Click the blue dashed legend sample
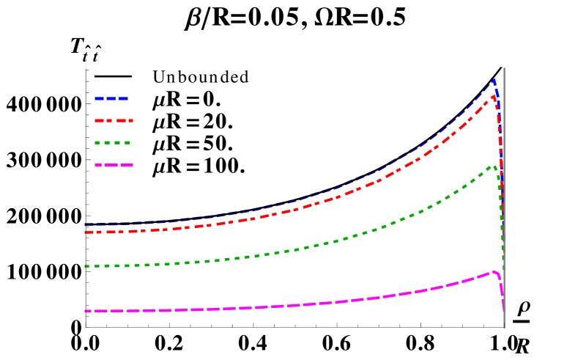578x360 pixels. tap(111, 98)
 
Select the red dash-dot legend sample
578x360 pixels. tap(114, 120)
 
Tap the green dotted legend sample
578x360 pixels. tap(112, 143)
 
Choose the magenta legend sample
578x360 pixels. tap(114, 166)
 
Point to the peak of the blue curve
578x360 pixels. tap(494, 80)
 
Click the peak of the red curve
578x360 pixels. tap(494, 95)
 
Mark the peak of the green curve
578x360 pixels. tap(492, 166)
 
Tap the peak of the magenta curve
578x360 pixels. tap(494, 272)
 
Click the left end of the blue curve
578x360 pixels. tap(85, 224)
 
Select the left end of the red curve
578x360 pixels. tap(85, 232)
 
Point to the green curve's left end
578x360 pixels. tap(85, 266)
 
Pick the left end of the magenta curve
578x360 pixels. tap(85, 312)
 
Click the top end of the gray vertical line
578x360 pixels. tap(504, 68)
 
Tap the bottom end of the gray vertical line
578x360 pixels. tap(504, 327)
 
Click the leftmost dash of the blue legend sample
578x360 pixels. tap(99, 98)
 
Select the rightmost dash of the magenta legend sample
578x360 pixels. tap(127, 166)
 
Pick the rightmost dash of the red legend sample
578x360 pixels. tap(129, 120)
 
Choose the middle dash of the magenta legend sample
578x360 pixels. tap(113, 166)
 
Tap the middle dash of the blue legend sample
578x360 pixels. tap(111, 98)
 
